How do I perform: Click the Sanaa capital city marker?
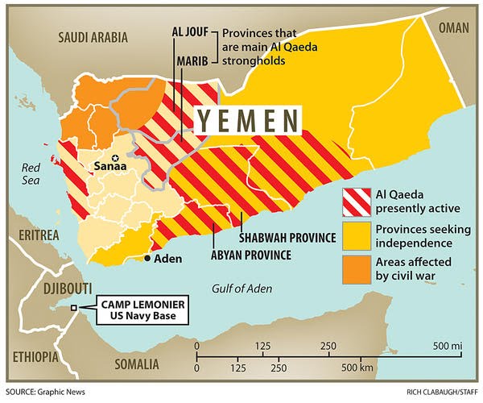[x=116, y=158]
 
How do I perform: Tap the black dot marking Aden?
[x=147, y=259]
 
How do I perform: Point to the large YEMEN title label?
[x=246, y=121]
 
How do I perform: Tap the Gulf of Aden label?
[x=242, y=289]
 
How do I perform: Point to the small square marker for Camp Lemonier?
[x=74, y=309]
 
